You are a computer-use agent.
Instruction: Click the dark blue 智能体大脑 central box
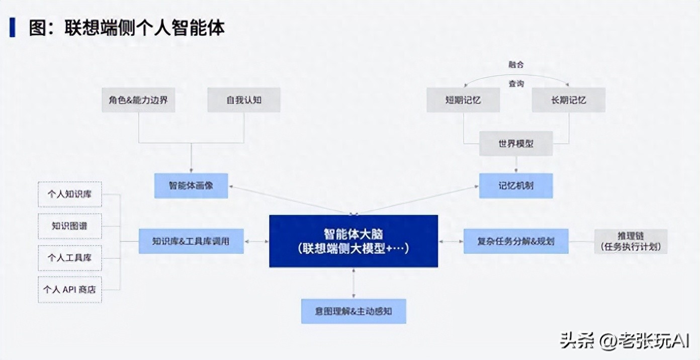[354, 241]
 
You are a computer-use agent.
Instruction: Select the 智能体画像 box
[191, 186]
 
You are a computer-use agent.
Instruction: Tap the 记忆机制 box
[515, 186]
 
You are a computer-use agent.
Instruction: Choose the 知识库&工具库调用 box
[191, 241]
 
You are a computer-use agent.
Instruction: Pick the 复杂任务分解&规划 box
[515, 241]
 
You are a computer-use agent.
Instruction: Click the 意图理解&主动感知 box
[354, 311]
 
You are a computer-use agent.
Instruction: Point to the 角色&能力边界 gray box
[138, 100]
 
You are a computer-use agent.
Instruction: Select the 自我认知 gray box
[244, 100]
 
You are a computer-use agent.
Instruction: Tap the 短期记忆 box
[463, 100]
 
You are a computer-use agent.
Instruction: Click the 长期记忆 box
[568, 100]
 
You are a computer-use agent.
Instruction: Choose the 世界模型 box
[516, 144]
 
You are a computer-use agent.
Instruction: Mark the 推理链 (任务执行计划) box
[631, 241]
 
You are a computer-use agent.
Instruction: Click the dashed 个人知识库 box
[70, 194]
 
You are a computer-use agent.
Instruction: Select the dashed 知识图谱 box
[70, 226]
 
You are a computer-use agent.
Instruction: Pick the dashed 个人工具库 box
[70, 257]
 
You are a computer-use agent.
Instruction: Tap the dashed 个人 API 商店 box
[70, 289]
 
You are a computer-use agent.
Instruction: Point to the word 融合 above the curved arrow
[516, 64]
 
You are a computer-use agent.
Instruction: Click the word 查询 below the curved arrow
[516, 83]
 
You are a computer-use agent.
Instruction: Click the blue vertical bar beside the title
[13, 27]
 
